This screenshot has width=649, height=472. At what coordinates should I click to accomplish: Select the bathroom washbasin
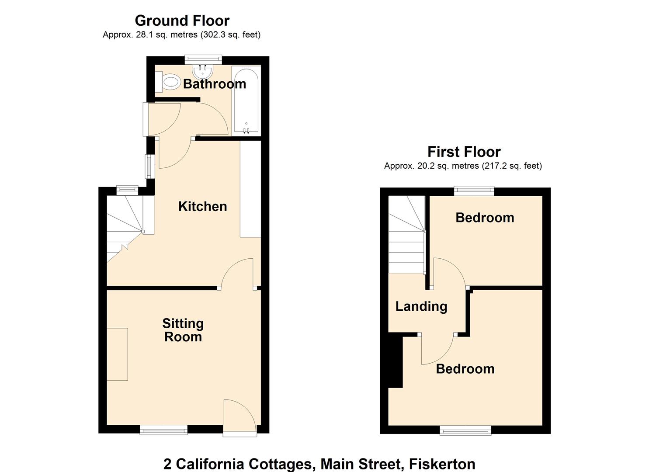[x=202, y=70]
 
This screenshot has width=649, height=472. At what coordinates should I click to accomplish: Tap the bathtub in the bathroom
[x=246, y=101]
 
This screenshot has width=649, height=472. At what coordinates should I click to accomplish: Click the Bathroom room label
[x=214, y=84]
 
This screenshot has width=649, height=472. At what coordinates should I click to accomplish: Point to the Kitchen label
[x=202, y=206]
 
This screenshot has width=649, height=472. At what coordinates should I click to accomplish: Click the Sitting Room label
[x=183, y=330]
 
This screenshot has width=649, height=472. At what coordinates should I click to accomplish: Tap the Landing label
[x=421, y=306]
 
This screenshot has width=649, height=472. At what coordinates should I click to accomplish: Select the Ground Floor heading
[x=182, y=21]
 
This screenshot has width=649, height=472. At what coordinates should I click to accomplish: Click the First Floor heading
[x=464, y=152]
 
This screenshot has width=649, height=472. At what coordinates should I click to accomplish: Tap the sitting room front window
[x=163, y=430]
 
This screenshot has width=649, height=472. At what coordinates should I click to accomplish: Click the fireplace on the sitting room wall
[x=118, y=354]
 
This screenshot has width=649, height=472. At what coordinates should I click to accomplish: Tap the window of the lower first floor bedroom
[x=465, y=431]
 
